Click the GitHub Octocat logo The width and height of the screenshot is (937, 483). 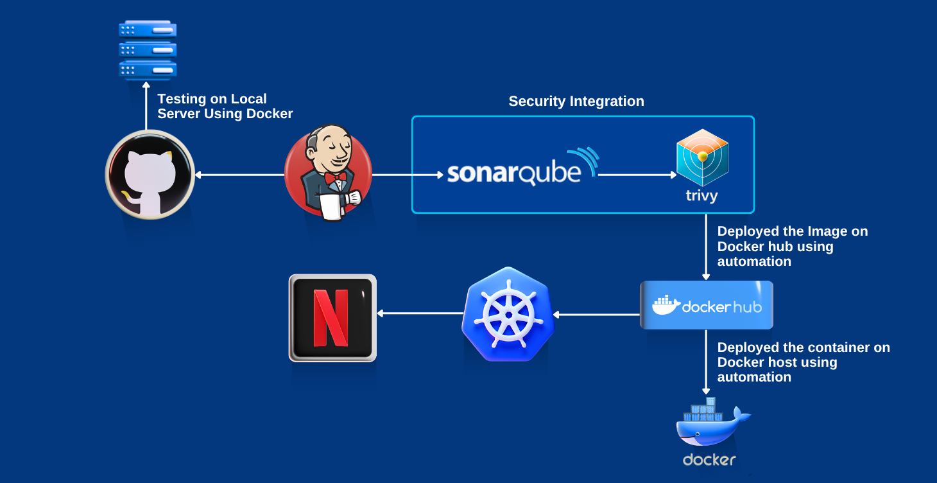[x=150, y=175]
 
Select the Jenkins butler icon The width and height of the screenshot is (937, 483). [x=328, y=173]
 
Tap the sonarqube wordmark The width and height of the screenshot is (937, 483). [x=514, y=173]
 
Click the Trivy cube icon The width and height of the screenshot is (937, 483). [x=702, y=157]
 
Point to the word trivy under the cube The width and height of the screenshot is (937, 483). [x=701, y=196]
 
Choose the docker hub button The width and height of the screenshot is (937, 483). [x=706, y=305]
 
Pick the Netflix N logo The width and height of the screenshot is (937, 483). [x=332, y=318]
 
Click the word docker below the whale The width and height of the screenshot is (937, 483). [x=709, y=460]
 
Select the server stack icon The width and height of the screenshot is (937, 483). [x=148, y=49]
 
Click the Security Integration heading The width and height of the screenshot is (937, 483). [x=576, y=101]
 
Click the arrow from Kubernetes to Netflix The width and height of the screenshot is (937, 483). [x=420, y=313]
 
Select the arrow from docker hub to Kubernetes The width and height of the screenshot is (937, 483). [x=597, y=315]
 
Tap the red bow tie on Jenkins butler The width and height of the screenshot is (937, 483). [x=335, y=177]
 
